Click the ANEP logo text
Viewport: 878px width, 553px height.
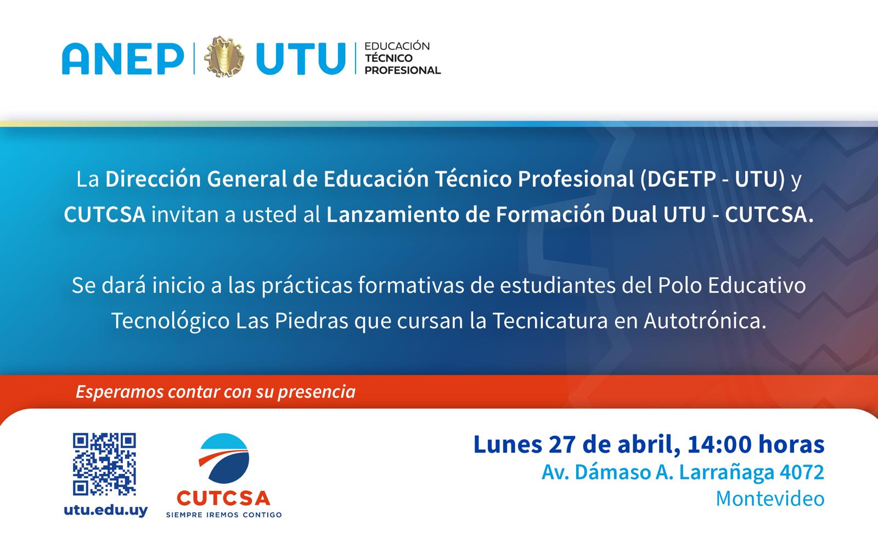[122, 58]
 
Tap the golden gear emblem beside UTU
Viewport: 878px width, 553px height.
[224, 57]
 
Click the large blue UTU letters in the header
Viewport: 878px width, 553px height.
[300, 58]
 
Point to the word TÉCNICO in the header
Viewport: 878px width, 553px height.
[389, 58]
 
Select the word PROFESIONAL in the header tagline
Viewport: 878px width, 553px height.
[403, 70]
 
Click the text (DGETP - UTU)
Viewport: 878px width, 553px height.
[712, 180]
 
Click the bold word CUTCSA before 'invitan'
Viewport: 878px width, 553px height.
[104, 215]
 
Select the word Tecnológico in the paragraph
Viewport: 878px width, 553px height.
[170, 321]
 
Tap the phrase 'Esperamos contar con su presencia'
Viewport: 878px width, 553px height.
[216, 392]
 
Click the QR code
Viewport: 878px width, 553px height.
[104, 464]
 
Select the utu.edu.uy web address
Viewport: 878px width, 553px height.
[106, 510]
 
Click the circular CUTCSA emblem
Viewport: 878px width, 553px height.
[224, 459]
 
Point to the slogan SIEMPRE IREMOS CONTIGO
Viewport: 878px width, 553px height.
[224, 515]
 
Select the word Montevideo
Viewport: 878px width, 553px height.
[770, 498]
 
